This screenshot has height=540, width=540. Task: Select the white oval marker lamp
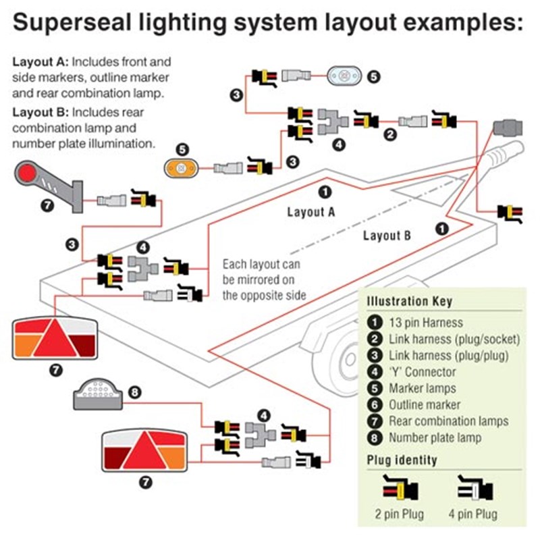click(x=346, y=76)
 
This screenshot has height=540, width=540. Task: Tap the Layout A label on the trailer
click(x=311, y=212)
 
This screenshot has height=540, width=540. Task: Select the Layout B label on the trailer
click(x=387, y=236)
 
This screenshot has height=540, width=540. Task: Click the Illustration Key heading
click(x=409, y=301)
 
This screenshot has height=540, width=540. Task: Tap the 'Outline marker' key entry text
click(x=425, y=405)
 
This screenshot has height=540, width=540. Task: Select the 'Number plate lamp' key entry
click(x=435, y=438)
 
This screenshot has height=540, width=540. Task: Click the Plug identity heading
click(x=402, y=460)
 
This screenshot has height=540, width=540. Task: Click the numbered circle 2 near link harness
click(x=389, y=134)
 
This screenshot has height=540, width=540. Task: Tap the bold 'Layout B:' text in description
click(x=40, y=111)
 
